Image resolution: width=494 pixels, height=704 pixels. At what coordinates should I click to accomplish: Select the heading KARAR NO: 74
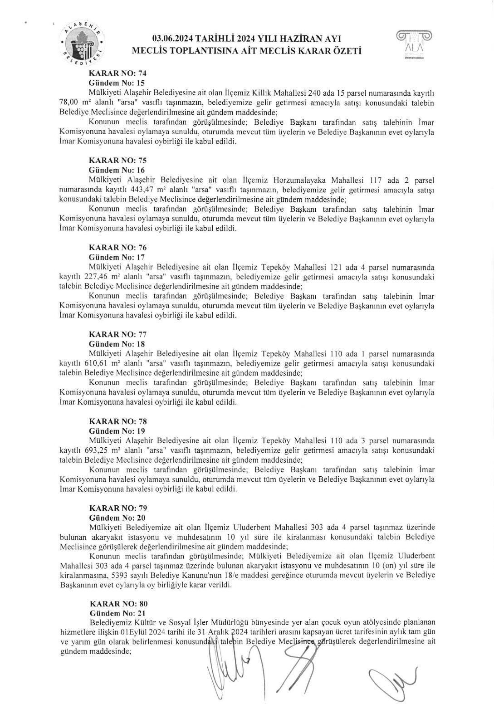(x=117, y=73)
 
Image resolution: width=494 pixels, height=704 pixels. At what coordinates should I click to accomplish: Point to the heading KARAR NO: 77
(x=118, y=335)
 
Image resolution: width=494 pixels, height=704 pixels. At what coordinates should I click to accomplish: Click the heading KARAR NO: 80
(x=118, y=604)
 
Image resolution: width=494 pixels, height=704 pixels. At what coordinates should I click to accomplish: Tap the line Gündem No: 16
(x=117, y=170)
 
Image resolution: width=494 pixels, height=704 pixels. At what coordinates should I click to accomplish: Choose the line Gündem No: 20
(x=117, y=518)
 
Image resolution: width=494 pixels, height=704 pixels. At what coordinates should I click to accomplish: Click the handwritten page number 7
(x=248, y=661)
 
